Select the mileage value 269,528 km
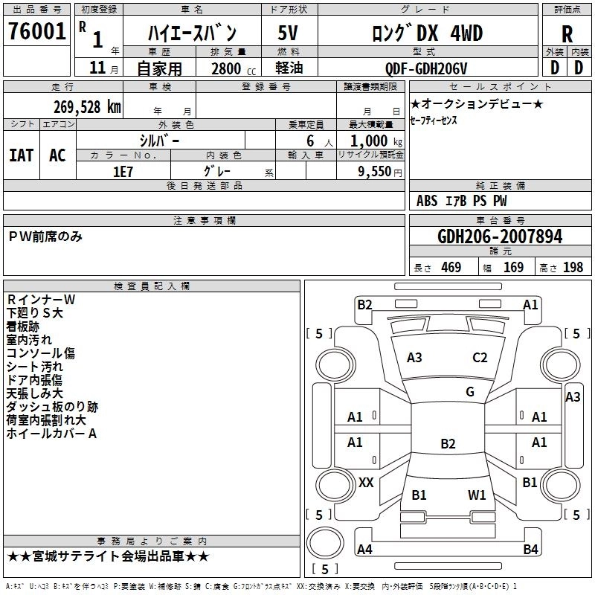click(86, 106)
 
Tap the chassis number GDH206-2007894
click(500, 237)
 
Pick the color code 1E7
click(123, 170)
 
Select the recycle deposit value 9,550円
click(370, 171)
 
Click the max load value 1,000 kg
click(370, 141)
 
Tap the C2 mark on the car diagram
click(480, 357)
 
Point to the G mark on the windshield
click(470, 392)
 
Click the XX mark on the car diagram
click(366, 483)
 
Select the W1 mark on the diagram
click(477, 495)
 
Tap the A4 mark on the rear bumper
click(364, 550)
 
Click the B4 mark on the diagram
click(530, 550)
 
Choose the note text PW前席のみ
click(45, 237)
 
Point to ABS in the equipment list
click(427, 200)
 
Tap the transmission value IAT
click(22, 155)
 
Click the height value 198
click(573, 267)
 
